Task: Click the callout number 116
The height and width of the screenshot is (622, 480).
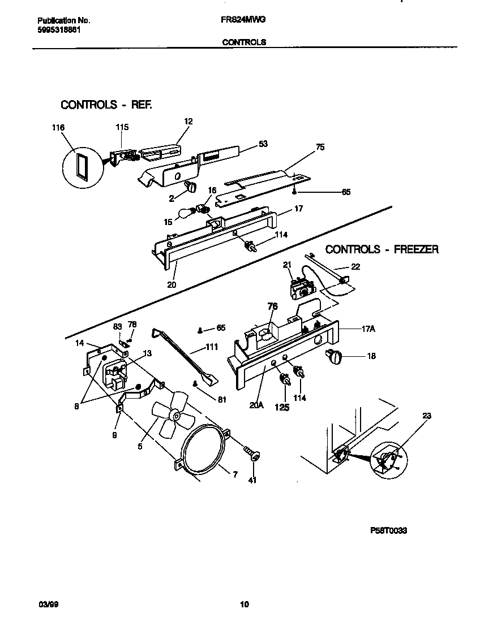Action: tap(58, 128)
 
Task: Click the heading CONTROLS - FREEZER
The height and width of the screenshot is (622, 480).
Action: tap(382, 249)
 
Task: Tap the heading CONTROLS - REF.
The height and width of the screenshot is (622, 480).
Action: tap(106, 105)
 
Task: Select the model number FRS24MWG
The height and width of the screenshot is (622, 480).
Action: tap(243, 19)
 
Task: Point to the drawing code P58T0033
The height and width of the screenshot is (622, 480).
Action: tap(388, 530)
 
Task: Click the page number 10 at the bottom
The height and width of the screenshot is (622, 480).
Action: tap(245, 604)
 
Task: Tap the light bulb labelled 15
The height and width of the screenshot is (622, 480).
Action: tap(186, 213)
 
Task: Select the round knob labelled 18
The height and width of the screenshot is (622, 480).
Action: tap(334, 356)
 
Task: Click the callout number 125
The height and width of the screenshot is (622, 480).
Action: tap(281, 407)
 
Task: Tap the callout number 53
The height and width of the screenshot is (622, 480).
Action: tap(263, 144)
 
